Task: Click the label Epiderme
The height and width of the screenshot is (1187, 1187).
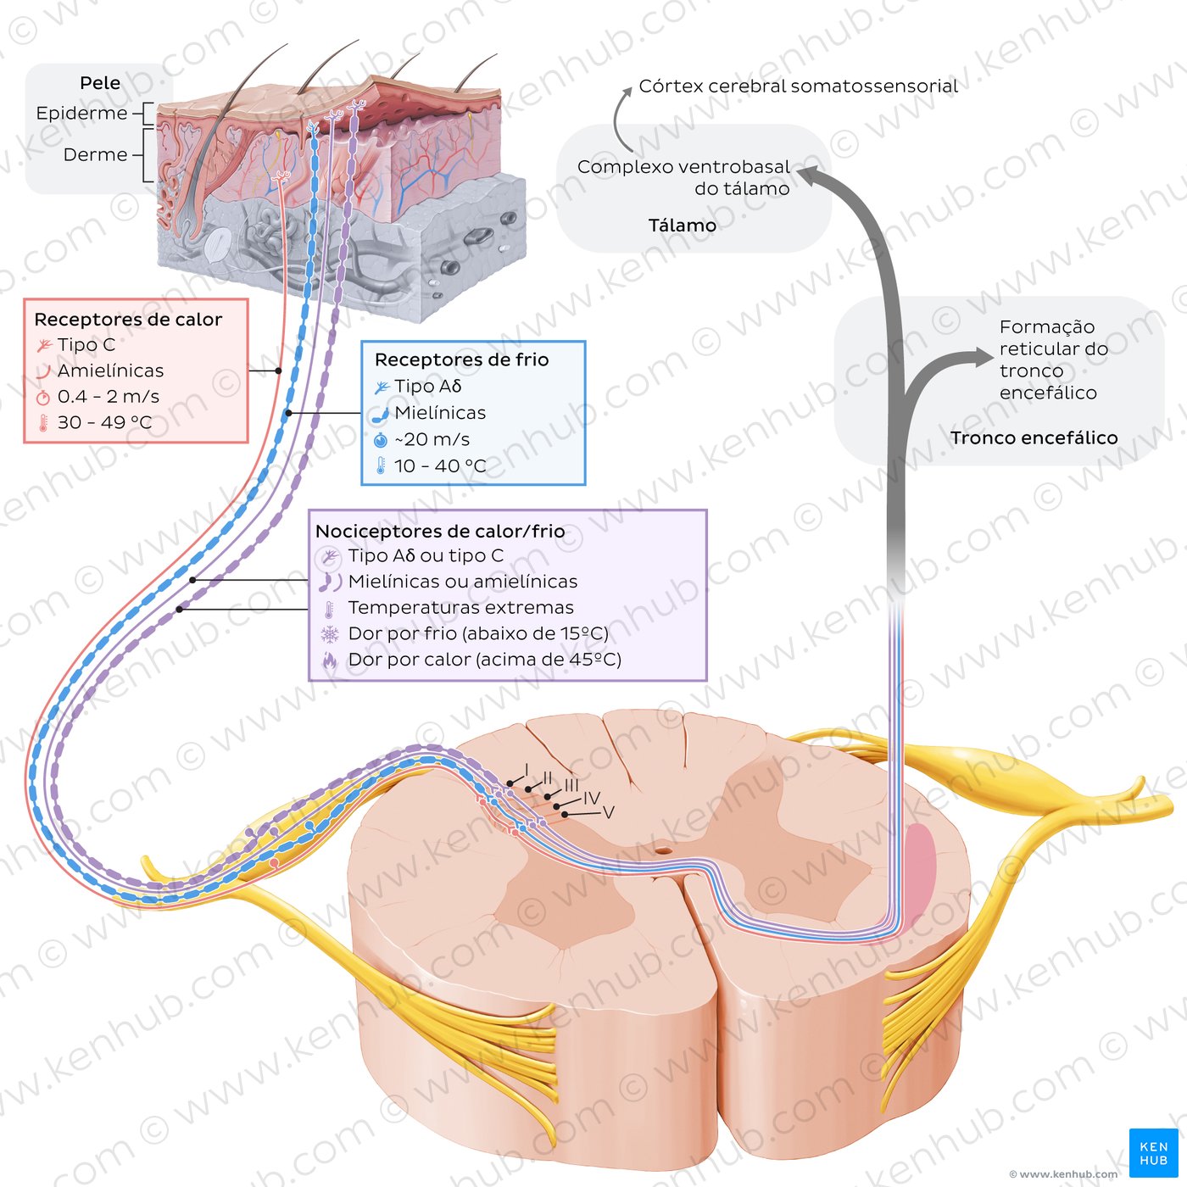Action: pyautogui.click(x=82, y=114)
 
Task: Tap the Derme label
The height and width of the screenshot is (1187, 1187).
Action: pyautogui.click(x=96, y=154)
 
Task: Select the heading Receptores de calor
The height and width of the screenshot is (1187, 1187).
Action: pyautogui.click(x=128, y=319)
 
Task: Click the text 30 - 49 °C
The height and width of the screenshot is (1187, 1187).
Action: pyautogui.click(x=105, y=422)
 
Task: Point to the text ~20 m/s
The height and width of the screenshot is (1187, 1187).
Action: pyautogui.click(x=432, y=439)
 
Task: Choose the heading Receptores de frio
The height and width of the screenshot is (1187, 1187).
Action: pyautogui.click(x=461, y=359)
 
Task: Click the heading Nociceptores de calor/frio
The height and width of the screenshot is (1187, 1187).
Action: pyautogui.click(x=440, y=531)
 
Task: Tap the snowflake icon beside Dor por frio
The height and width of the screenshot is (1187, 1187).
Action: pyautogui.click(x=330, y=634)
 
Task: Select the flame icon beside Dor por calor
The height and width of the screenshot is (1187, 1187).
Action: pyautogui.click(x=330, y=660)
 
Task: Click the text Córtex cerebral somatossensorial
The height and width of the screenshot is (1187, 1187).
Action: pyautogui.click(x=798, y=86)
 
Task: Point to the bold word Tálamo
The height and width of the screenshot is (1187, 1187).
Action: pyautogui.click(x=682, y=226)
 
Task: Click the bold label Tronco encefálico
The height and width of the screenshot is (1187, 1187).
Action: pyautogui.click(x=1034, y=438)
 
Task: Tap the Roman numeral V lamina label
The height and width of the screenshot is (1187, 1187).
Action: pyautogui.click(x=608, y=812)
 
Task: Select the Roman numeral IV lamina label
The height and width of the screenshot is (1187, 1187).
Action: pyautogui.click(x=591, y=799)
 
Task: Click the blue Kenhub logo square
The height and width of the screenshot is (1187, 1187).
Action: pyautogui.click(x=1153, y=1152)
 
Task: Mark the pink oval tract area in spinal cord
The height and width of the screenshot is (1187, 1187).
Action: pyautogui.click(x=920, y=867)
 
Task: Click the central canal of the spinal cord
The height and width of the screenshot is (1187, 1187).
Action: pyautogui.click(x=662, y=851)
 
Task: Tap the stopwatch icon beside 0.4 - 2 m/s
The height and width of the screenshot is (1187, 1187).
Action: pyautogui.click(x=42, y=398)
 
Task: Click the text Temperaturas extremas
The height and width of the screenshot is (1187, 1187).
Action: pyautogui.click(x=460, y=608)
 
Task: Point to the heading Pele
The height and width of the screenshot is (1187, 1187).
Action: pyautogui.click(x=100, y=83)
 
